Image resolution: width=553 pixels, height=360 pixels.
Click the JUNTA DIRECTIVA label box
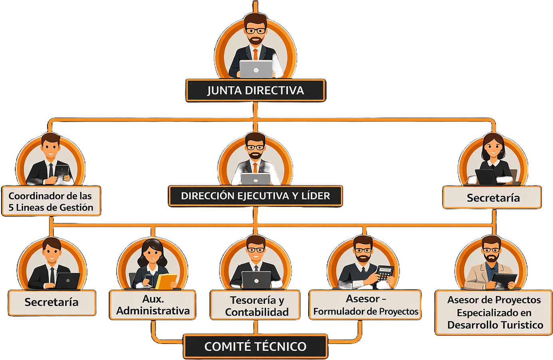[255, 90]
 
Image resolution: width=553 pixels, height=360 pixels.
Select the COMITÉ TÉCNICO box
[255, 346]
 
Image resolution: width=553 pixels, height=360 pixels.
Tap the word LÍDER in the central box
[316, 196]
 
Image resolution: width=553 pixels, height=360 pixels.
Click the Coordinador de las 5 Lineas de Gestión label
[51, 201]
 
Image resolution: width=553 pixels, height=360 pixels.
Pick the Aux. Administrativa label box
[153, 305]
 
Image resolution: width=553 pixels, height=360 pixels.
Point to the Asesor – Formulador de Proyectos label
[365, 305]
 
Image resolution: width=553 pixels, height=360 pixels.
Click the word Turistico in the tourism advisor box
[520, 325]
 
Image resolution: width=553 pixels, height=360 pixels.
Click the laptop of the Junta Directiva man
[256, 70]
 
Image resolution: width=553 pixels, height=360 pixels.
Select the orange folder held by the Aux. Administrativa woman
[166, 281]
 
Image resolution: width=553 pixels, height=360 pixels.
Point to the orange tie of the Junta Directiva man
[256, 54]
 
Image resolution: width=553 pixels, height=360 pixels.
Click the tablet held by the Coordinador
[62, 172]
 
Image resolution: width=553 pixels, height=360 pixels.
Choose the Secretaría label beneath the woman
[493, 198]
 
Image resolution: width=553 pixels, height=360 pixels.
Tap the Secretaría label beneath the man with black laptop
[52, 302]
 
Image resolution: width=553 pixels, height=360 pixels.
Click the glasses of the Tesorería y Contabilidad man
[256, 250]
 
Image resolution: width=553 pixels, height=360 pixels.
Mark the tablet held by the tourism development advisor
[504, 280]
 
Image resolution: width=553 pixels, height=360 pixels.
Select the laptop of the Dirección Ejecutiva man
[256, 179]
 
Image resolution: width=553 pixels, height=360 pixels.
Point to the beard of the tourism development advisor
[491, 258]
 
